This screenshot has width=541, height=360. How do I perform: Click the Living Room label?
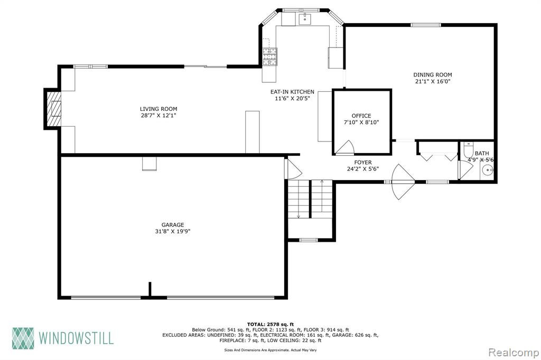[158, 109]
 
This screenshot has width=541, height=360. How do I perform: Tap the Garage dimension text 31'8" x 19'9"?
[173, 231]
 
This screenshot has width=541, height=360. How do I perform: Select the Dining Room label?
[433, 75]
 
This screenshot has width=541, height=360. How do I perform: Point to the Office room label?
[361, 116]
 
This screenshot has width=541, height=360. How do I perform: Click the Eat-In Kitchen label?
[292, 92]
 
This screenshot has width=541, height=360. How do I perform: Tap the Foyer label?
[363, 163]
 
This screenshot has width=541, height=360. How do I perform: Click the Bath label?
[482, 153]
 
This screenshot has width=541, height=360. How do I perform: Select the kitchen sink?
[305, 19]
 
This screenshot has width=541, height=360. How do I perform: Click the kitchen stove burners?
[270, 56]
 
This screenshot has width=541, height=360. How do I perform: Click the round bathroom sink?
[488, 170]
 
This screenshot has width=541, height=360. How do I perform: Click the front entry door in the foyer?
[403, 182]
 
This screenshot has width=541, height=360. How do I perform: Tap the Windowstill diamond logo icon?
[23, 338]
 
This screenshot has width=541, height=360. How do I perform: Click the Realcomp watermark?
[514, 353]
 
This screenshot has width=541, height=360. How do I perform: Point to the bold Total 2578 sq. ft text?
[270, 324]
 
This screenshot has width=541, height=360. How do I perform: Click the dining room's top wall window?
[426, 25]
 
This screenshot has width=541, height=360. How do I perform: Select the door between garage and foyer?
[293, 168]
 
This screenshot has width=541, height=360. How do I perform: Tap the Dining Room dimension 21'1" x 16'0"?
[433, 82]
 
